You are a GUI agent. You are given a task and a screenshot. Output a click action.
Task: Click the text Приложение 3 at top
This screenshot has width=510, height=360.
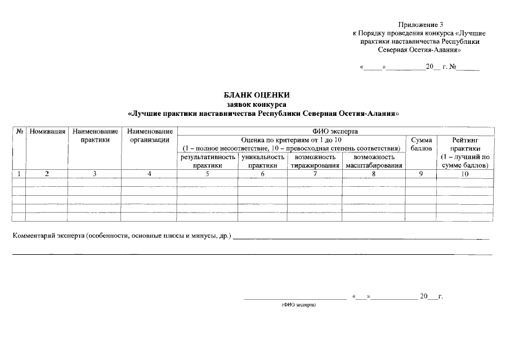click(421, 25)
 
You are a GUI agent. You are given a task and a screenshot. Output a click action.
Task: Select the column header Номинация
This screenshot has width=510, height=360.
click(48, 131)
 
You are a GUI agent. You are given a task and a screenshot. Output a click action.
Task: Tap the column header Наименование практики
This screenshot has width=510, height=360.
click(95, 135)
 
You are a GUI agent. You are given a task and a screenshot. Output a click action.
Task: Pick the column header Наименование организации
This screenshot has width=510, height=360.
click(149, 135)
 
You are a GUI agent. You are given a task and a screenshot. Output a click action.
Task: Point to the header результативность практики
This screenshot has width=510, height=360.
click(207, 161)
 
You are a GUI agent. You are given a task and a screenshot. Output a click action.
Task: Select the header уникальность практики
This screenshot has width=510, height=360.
click(262, 161)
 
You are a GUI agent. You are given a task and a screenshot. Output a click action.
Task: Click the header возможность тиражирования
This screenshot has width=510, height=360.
click(315, 161)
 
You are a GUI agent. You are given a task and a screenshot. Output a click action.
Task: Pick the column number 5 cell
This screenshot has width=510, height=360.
click(207, 174)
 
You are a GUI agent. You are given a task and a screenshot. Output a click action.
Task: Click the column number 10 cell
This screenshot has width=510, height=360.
click(465, 174)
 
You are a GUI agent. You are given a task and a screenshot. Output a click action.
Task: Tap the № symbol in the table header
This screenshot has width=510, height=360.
click(19, 131)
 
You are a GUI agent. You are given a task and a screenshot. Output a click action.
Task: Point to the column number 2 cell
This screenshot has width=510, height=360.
click(47, 174)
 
